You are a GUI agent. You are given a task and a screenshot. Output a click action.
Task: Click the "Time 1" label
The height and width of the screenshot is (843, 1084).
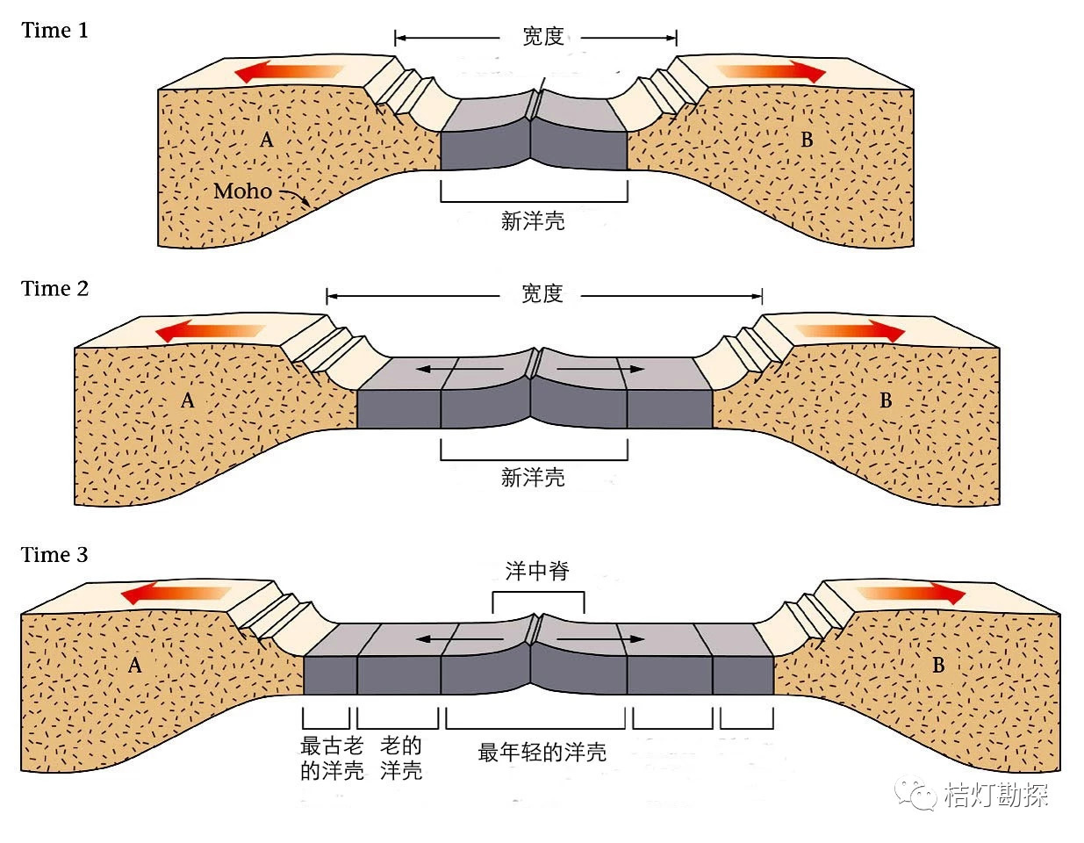click(x=54, y=31)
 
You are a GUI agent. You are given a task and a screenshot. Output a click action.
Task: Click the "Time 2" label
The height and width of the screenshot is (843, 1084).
click(x=54, y=289)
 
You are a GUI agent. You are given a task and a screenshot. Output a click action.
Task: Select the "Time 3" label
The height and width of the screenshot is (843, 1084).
click(x=54, y=555)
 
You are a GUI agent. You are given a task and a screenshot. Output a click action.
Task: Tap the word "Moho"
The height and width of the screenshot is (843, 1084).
click(x=242, y=191)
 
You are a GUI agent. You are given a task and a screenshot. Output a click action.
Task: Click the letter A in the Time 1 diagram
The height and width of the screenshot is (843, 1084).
click(x=267, y=140)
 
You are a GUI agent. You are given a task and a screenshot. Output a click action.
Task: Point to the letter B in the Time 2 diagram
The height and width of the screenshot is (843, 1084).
click(x=886, y=401)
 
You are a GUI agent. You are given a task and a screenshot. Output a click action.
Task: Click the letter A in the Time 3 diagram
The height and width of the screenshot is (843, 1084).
click(x=135, y=665)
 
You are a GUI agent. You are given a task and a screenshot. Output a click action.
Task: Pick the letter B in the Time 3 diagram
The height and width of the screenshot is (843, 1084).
click(x=938, y=665)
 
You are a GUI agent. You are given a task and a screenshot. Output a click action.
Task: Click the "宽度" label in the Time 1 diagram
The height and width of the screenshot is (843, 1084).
click(x=542, y=37)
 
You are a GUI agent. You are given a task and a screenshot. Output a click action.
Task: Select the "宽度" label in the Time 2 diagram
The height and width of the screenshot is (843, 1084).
click(x=542, y=294)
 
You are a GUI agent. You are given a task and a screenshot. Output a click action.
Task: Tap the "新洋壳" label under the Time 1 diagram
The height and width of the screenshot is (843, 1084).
click(x=533, y=221)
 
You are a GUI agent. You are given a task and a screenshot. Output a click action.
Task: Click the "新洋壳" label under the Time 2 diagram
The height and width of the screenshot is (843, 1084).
click(x=533, y=478)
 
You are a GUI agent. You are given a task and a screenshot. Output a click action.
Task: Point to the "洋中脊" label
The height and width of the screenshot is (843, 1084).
click(x=537, y=572)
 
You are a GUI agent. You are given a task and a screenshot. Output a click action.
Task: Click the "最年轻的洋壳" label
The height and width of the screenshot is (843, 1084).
click(x=542, y=753)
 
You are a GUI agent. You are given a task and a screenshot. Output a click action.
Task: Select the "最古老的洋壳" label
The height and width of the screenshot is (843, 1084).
click(x=332, y=759)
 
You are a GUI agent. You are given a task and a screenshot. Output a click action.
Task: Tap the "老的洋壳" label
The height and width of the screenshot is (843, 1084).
click(x=401, y=759)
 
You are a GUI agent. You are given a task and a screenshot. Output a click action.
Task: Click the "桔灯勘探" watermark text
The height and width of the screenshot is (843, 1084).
click(x=996, y=796)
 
